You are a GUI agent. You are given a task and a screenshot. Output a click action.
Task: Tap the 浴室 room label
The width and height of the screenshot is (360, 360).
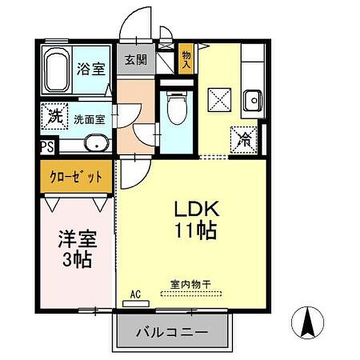tap(91, 68)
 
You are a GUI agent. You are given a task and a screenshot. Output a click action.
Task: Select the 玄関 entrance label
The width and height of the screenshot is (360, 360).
tap(136, 60)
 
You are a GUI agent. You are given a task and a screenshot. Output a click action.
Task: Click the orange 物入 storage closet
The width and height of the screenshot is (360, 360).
tap(186, 59)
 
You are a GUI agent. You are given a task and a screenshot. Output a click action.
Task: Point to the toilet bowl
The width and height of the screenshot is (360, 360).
tap(177, 107)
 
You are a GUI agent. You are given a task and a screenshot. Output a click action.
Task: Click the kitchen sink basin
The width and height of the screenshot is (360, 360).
tap(253, 100)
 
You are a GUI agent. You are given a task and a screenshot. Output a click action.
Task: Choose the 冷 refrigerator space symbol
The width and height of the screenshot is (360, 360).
tap(244, 139)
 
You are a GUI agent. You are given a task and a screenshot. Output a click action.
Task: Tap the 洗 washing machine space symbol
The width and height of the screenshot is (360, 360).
tap(55, 116)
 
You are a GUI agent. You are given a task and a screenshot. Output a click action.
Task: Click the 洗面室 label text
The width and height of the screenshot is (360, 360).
tap(89, 120)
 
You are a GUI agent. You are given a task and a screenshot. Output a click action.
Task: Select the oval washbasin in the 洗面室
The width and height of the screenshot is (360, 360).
tap(97, 142)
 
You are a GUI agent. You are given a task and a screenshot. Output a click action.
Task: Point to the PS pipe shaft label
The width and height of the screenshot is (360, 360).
tap(47, 147)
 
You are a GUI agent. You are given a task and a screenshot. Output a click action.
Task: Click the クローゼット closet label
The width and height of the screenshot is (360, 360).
tap(76, 177)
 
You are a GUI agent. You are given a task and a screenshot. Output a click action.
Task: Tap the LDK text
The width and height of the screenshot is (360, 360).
tap(197, 208)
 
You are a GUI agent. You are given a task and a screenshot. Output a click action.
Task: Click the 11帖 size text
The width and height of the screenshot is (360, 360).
tap(196, 230)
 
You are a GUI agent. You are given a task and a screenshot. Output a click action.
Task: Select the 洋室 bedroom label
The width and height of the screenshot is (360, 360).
tap(78, 239)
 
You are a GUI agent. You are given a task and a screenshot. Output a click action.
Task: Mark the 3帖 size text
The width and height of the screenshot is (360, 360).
tap(77, 260)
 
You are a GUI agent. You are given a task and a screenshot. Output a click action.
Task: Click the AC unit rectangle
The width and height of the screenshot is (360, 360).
tap(136, 304)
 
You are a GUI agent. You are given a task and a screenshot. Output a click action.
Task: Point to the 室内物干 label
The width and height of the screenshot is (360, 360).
tap(191, 285)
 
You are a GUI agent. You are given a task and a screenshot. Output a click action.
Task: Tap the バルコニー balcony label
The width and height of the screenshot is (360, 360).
tap(172, 332)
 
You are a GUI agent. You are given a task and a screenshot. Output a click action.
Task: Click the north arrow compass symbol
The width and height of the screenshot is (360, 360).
tap(308, 322)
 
